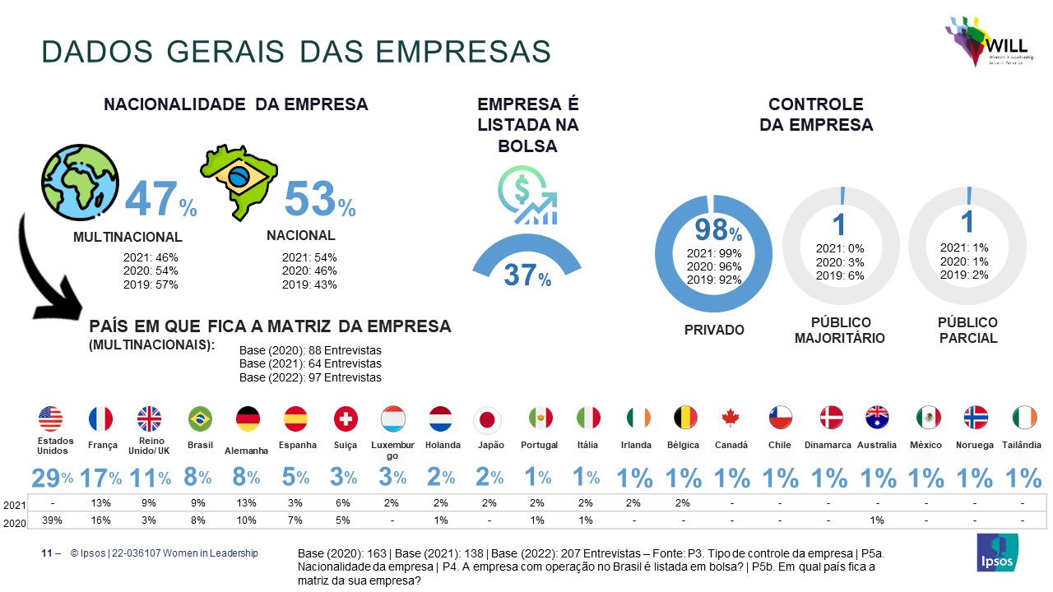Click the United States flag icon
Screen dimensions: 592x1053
(x=50, y=419)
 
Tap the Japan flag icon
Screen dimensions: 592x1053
(x=487, y=420)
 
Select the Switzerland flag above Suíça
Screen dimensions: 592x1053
(x=346, y=419)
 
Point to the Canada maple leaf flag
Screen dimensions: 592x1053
(x=731, y=419)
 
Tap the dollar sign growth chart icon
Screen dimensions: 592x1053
(x=527, y=196)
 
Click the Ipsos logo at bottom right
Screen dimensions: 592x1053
(x=997, y=553)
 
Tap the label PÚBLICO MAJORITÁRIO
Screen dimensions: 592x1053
(x=839, y=330)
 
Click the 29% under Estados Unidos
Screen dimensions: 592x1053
(x=52, y=478)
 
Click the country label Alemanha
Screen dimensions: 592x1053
(x=248, y=451)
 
